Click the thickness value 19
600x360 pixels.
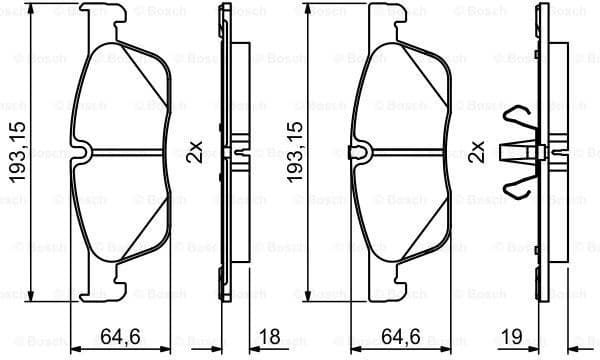point(512,338)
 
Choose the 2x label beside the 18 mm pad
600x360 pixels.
point(195,152)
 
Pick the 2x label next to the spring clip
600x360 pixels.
point(477,152)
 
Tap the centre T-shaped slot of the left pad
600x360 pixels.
point(88,152)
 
